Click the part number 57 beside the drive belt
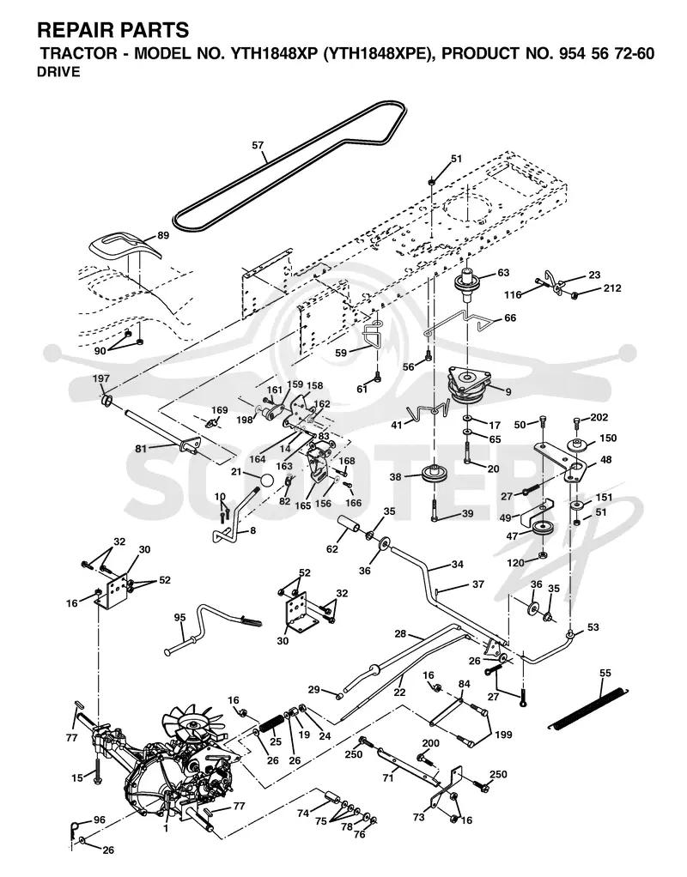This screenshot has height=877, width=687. tap(258, 145)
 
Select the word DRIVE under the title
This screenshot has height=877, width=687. tap(58, 71)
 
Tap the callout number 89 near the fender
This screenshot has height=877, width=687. tap(163, 235)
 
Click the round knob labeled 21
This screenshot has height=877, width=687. tap(268, 481)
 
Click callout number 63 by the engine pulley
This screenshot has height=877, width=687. tap(503, 273)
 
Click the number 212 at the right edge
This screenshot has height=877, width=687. tap(612, 288)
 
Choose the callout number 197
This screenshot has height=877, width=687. tap(100, 379)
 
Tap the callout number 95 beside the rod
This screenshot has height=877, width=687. tap(179, 618)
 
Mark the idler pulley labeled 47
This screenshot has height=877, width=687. tap(541, 529)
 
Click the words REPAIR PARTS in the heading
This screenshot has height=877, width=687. tap(113, 29)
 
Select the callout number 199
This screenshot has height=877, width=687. tap(503, 735)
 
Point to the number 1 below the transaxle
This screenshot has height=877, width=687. tap(166, 828)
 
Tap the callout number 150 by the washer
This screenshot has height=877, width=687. tap(608, 438)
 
